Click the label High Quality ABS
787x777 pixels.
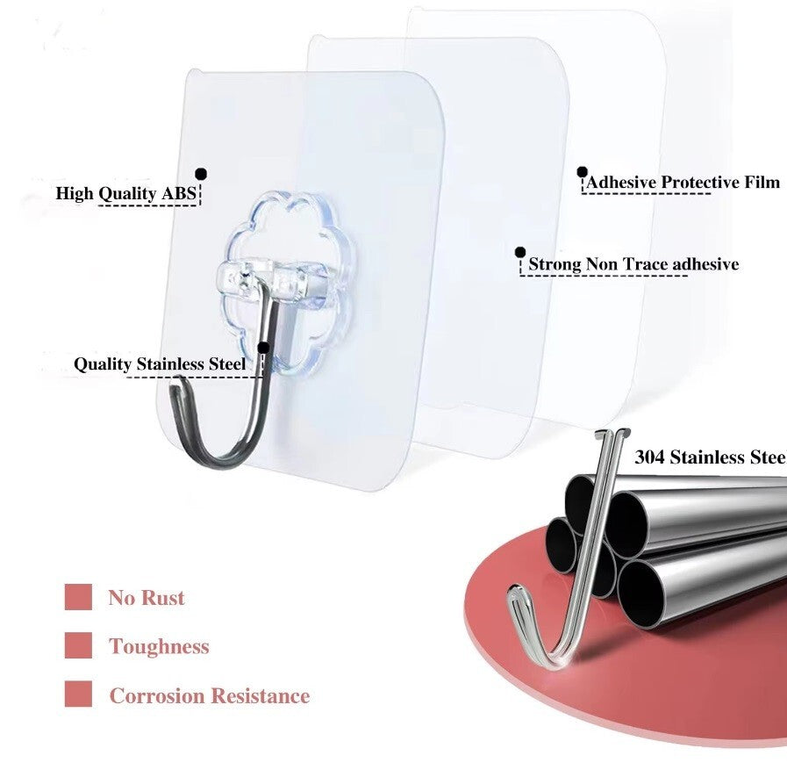click(x=126, y=194)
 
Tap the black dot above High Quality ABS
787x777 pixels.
click(x=201, y=174)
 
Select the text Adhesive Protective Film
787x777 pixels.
click(x=683, y=183)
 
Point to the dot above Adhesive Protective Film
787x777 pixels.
click(x=582, y=172)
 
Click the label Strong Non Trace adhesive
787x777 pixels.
click(x=633, y=264)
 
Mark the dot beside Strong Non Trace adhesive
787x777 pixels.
click(x=520, y=252)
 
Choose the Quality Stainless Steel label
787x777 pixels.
click(x=159, y=364)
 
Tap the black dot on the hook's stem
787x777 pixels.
click(x=263, y=348)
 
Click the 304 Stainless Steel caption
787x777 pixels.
click(x=709, y=457)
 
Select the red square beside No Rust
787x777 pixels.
click(x=78, y=598)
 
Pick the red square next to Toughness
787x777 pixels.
click(x=78, y=646)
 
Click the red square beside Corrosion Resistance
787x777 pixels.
click(x=78, y=694)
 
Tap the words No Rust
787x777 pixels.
click(x=147, y=599)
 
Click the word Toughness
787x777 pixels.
click(x=159, y=647)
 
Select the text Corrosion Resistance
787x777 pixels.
click(x=209, y=696)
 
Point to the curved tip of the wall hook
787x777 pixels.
click(x=178, y=387)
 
